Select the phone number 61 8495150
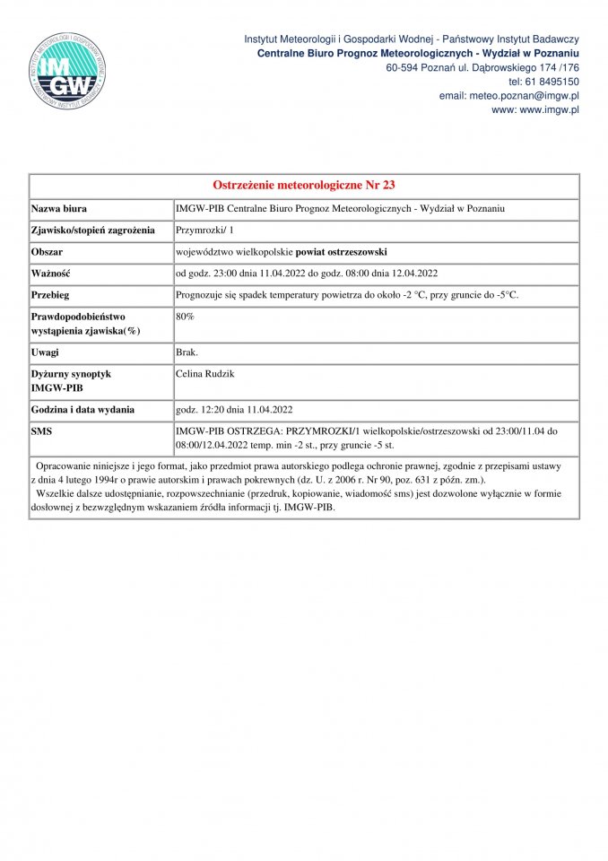(x=551, y=82)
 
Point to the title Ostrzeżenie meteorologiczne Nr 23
(x=304, y=186)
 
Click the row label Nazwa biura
(x=59, y=208)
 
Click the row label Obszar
(x=47, y=252)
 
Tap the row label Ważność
(x=51, y=274)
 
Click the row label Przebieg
(x=51, y=295)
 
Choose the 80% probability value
(x=186, y=317)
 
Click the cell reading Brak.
(x=187, y=353)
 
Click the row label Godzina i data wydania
(x=83, y=410)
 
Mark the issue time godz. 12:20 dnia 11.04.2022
(x=235, y=410)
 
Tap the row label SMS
(x=43, y=431)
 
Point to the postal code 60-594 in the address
(x=404, y=67)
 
